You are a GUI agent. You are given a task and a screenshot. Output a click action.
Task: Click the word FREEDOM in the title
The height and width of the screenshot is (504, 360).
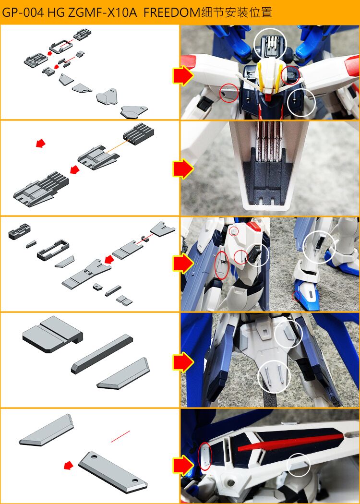(170, 12)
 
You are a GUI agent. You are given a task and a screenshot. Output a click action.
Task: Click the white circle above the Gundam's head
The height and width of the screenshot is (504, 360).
(269, 44)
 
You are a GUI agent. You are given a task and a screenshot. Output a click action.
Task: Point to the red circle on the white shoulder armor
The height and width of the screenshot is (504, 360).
(229, 93)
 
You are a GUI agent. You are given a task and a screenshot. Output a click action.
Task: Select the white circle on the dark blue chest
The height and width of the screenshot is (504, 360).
(301, 102)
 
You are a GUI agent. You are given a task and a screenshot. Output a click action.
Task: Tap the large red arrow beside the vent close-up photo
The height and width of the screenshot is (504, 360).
(183, 168)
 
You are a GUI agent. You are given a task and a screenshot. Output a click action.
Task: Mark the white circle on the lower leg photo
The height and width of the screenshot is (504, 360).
(319, 247)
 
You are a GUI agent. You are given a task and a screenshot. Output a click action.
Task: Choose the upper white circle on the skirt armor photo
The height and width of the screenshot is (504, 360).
(289, 334)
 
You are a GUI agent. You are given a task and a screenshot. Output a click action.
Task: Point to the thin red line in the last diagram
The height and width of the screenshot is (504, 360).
(120, 436)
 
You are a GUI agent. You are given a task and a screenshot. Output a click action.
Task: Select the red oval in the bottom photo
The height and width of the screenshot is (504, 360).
(204, 456)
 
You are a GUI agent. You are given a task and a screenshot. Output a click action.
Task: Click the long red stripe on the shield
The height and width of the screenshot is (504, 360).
(290, 443)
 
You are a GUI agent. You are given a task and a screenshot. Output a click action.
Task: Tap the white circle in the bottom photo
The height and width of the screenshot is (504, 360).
(299, 465)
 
